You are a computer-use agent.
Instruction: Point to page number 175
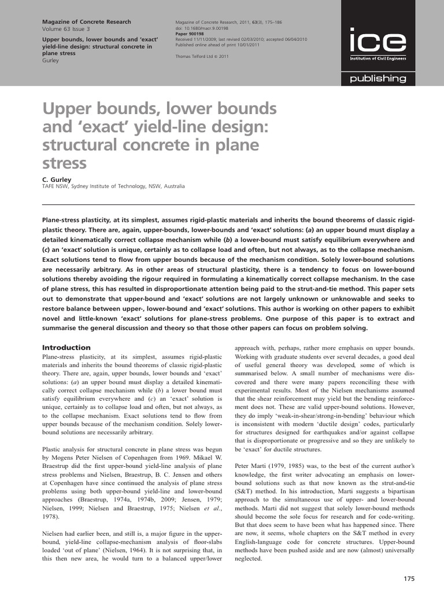(x=408, y=579)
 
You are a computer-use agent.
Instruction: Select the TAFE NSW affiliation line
(x=114, y=186)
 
